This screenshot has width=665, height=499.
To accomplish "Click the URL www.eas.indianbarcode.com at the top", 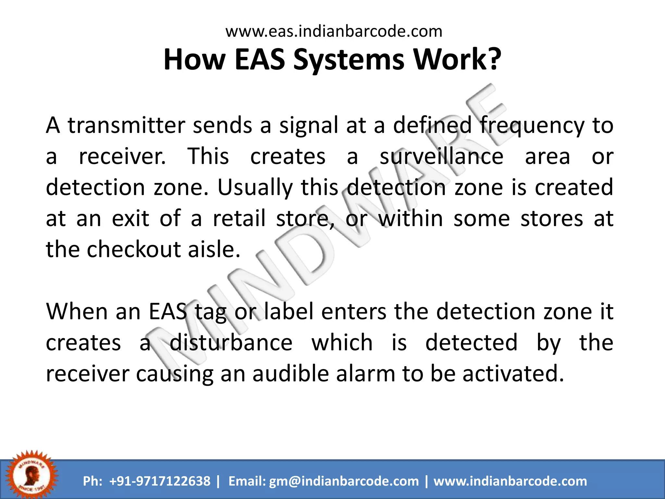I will [x=334, y=32].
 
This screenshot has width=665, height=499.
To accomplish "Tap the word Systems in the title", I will [x=349, y=60].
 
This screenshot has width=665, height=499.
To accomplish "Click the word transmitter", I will [x=126, y=125].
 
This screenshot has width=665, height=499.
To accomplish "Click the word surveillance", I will [x=441, y=157].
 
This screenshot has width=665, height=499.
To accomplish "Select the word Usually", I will [x=255, y=188].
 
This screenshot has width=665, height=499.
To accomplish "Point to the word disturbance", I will [x=231, y=342].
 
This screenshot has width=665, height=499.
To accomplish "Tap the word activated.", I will [x=513, y=373].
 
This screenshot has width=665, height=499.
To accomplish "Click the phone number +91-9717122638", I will [x=160, y=481].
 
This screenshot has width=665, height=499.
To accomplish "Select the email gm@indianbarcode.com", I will [x=344, y=481].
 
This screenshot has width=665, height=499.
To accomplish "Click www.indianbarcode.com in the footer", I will [x=510, y=481].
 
